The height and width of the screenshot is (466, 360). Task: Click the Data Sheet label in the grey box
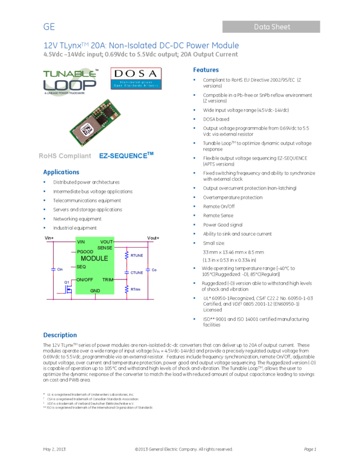point(272,27)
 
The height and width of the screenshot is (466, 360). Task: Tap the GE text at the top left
point(49,27)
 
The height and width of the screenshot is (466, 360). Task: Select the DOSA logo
point(135,78)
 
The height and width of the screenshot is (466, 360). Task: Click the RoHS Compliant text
point(65,156)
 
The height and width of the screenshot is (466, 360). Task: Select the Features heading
point(206,70)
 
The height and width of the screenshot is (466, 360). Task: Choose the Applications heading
point(61,172)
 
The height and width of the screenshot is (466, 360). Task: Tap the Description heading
point(60,335)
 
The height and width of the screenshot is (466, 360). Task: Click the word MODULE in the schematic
point(94,258)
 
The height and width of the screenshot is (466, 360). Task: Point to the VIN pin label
point(81,242)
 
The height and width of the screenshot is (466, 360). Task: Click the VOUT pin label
point(106,242)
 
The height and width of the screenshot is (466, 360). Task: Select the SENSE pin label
point(105,248)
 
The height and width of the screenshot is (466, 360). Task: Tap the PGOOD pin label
point(85,252)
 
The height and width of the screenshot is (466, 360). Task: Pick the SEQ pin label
point(81,266)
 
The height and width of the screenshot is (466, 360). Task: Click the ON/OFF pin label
point(85,280)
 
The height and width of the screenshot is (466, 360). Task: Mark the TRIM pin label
point(107,280)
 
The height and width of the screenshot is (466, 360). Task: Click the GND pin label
point(95,291)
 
